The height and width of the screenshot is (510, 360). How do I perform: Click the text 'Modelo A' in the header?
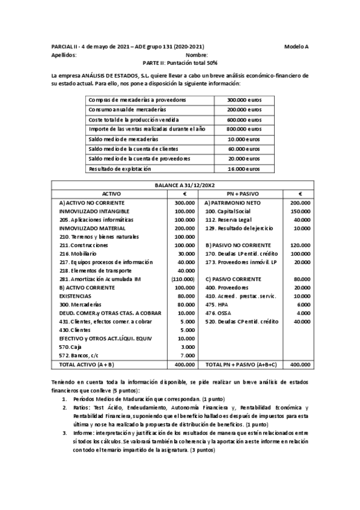297,46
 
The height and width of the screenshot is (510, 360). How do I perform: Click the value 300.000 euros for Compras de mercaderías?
244,100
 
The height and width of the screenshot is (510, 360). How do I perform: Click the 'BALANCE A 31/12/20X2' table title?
180,186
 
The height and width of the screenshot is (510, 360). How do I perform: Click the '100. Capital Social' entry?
230,212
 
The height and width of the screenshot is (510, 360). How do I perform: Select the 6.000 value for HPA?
304,305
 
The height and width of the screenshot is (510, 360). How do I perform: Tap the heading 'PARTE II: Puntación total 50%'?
180,63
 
